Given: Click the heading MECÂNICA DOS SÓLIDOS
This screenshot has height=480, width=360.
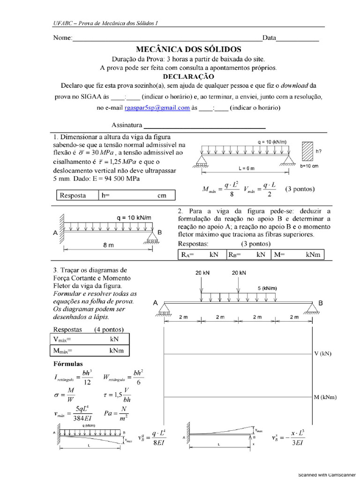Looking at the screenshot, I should tap(188, 49).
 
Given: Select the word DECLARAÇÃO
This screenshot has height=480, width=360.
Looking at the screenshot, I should tap(188, 76).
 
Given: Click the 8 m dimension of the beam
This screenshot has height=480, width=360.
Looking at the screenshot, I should tap(108, 244).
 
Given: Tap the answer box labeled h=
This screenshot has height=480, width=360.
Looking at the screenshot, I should tap(136, 195).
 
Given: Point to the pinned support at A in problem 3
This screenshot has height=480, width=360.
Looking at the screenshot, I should tap(164, 308).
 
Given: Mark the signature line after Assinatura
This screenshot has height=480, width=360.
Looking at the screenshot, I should tap(204, 126).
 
